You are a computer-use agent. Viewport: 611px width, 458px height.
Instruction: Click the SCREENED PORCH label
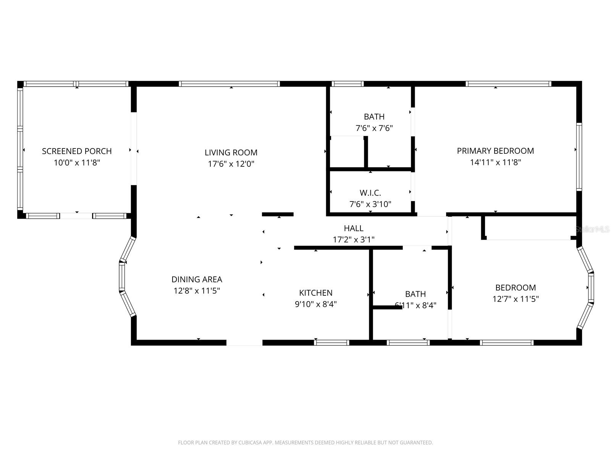pyautogui.click(x=77, y=151)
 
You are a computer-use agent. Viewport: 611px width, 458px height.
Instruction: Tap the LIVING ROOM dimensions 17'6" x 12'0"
pyautogui.click(x=231, y=164)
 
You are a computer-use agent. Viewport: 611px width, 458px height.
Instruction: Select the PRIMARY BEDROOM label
pyautogui.click(x=495, y=151)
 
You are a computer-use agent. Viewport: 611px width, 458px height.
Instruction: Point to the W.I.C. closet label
pyautogui.click(x=370, y=193)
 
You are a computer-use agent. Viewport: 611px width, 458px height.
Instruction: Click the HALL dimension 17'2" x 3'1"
pyautogui.click(x=354, y=240)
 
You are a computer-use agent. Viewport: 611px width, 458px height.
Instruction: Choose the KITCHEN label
pyautogui.click(x=315, y=293)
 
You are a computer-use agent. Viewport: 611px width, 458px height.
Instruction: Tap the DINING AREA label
pyautogui.click(x=197, y=279)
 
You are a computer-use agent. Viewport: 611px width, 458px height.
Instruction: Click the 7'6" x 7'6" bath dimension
pyautogui.click(x=374, y=128)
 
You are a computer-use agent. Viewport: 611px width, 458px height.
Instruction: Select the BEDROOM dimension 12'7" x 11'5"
pyautogui.click(x=516, y=299)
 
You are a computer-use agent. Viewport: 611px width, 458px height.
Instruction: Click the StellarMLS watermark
pyautogui.click(x=592, y=229)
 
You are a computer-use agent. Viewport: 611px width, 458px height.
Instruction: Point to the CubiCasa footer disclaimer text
pyautogui.click(x=305, y=443)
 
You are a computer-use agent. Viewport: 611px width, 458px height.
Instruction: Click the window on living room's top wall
pyautogui.click(x=229, y=84)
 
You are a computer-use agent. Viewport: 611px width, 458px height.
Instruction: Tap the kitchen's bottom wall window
pyautogui.click(x=331, y=343)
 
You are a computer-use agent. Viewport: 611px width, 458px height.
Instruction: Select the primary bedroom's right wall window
pyautogui.click(x=579, y=156)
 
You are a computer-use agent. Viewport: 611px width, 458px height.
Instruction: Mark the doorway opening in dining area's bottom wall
pyautogui.click(x=244, y=343)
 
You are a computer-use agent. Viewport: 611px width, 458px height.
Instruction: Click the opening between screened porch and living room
pyautogui.click(x=134, y=149)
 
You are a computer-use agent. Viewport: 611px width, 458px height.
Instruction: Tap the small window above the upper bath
pyautogui.click(x=347, y=84)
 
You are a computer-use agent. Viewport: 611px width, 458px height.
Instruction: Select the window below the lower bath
pyautogui.click(x=408, y=343)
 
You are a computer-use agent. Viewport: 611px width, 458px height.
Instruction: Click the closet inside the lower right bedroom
pyautogui.click(x=529, y=228)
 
